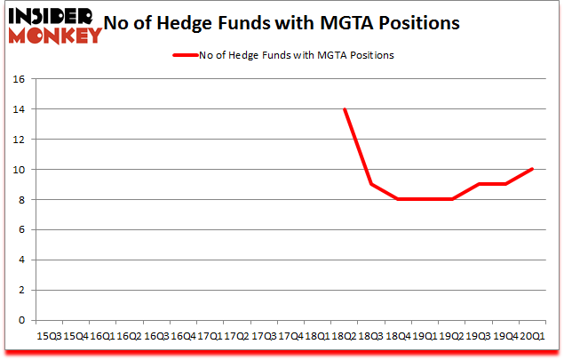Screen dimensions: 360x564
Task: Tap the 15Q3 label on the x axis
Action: tap(49, 336)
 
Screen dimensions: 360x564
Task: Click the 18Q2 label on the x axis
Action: tap(345, 336)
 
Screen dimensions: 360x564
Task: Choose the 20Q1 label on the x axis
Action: tap(533, 336)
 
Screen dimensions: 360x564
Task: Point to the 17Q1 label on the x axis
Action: tap(210, 336)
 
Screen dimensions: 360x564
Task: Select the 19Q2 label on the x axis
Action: tap(452, 336)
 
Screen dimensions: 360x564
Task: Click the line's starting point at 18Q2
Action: tap(345, 109)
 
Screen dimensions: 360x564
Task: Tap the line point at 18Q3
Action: tap(371, 184)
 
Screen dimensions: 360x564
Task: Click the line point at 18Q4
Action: tap(398, 199)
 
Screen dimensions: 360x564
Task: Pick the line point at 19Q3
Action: tap(479, 184)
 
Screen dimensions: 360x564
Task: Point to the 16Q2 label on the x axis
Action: tap(130, 336)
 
